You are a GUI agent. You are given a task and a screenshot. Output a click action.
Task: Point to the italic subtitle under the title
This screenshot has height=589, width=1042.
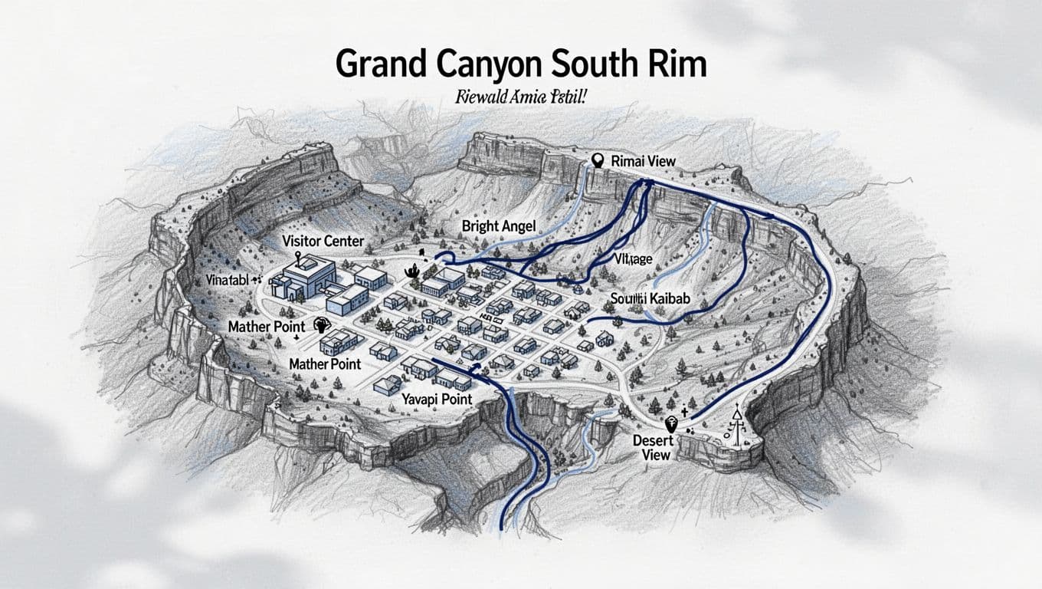[x=519, y=97]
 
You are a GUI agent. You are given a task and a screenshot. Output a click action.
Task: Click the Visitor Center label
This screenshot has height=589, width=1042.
[x=323, y=242]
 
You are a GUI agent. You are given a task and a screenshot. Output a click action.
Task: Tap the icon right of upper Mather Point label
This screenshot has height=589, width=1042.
[x=321, y=325]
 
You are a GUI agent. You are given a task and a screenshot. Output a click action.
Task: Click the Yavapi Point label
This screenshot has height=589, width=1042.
[x=436, y=400]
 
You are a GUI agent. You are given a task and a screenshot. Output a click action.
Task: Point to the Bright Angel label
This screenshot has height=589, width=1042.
[x=498, y=225]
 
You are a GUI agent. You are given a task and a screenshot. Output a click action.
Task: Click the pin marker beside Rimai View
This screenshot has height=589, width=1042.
[x=599, y=160]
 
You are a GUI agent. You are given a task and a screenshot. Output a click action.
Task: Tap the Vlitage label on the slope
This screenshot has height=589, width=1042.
[x=633, y=259]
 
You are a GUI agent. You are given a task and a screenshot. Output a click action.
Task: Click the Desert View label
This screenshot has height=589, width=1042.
[x=654, y=447]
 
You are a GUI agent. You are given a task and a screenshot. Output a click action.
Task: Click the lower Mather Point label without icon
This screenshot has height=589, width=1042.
[x=325, y=364]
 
